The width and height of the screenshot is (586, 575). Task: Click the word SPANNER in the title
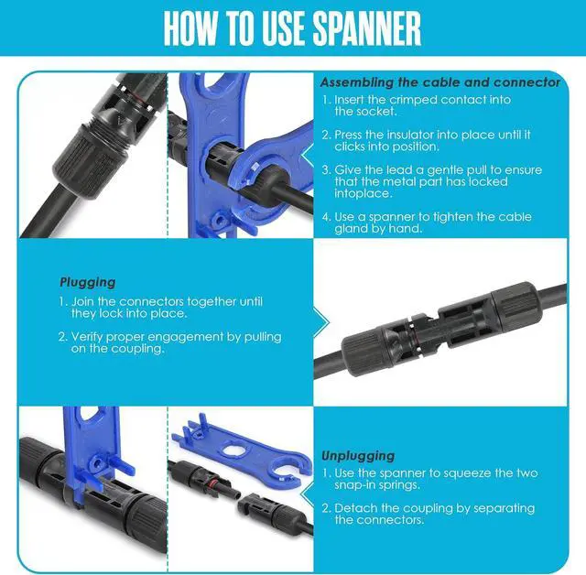[x=366, y=28]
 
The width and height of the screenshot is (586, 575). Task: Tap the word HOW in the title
[x=190, y=28]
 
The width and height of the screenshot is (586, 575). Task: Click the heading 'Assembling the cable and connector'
[x=440, y=82]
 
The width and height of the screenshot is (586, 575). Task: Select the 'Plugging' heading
[x=88, y=282]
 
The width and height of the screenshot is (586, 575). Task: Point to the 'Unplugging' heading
[x=358, y=456]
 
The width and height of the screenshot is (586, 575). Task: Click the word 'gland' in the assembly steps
[x=351, y=229]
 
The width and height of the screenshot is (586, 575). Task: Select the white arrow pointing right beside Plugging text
[x=321, y=322]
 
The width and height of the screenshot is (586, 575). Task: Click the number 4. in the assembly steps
[x=326, y=217]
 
